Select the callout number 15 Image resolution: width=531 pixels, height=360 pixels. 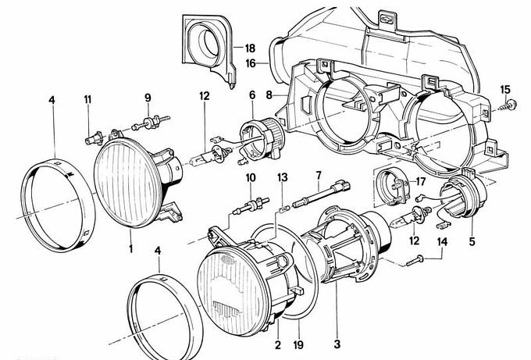point(504,88)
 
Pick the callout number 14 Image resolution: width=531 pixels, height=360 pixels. point(443,241)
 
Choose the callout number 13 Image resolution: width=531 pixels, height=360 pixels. point(283,177)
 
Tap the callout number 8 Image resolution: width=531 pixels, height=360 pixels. point(269,94)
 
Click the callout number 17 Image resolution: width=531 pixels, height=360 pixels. point(420,182)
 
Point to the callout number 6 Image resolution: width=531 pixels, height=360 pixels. point(252,94)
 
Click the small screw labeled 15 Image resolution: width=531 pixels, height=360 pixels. point(512,104)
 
